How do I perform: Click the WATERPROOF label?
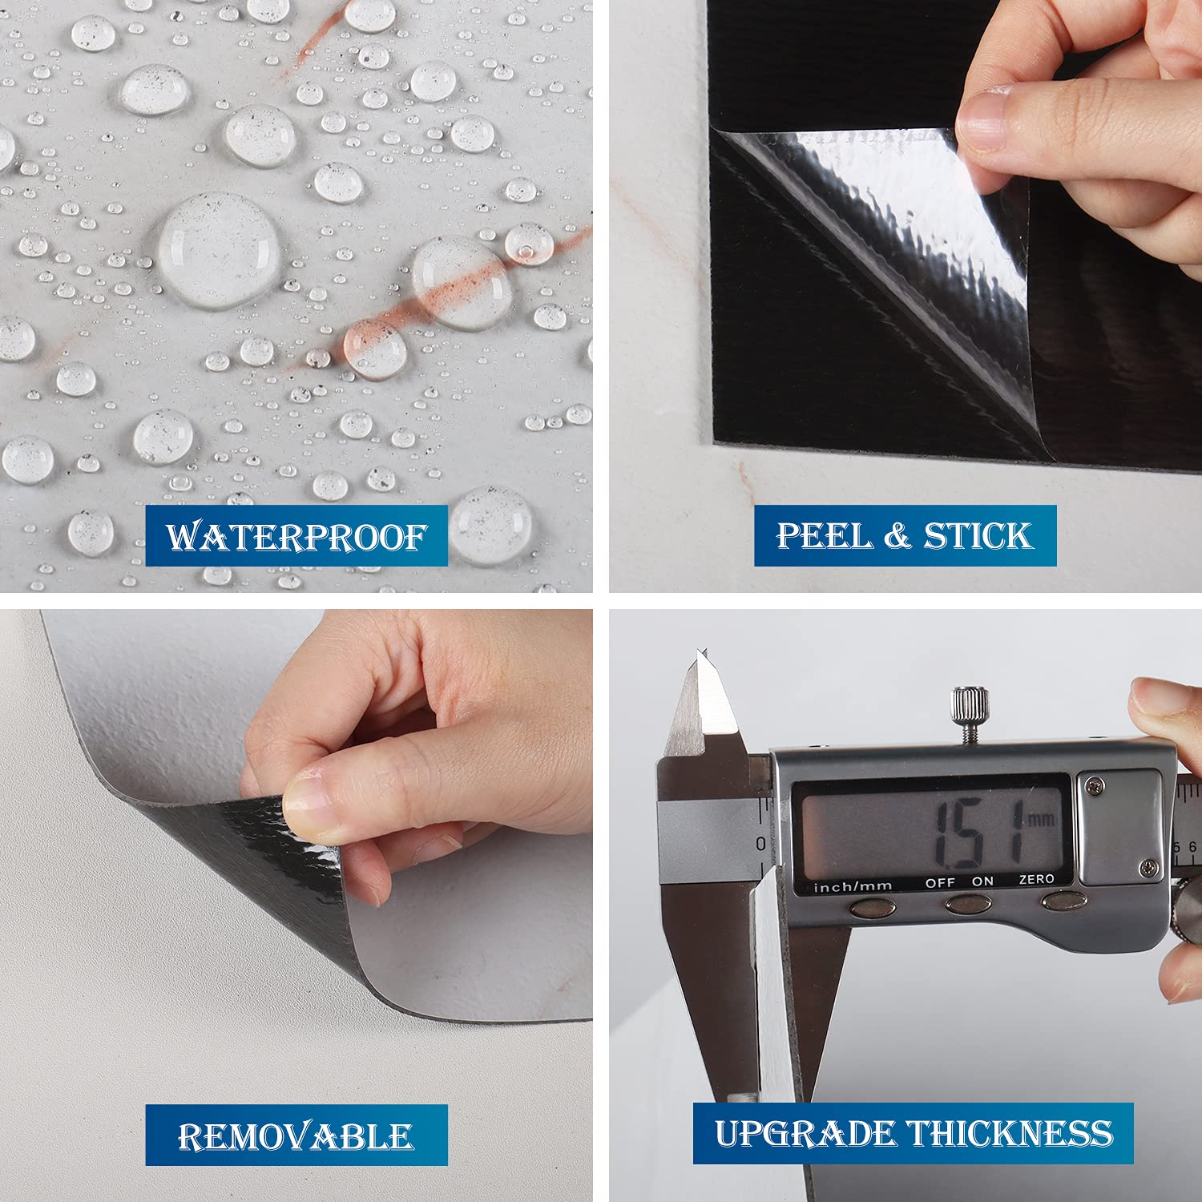click(296, 536)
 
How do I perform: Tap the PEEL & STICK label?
click(905, 535)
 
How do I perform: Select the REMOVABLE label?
click(296, 1135)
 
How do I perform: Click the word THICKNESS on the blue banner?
click(1010, 1133)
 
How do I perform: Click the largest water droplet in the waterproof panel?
click(218, 251)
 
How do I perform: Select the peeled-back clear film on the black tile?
click(881, 240)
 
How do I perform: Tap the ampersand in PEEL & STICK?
click(897, 536)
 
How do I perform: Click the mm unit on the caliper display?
click(1041, 819)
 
